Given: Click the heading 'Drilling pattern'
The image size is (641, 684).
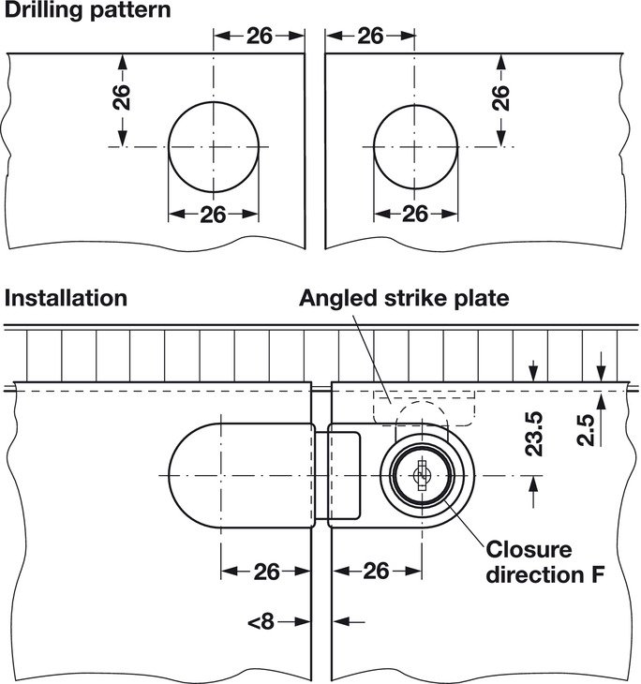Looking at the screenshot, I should tap(88, 11).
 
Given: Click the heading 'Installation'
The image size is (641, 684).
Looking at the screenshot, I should tap(66, 298).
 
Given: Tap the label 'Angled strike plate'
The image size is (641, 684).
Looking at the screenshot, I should tap(404, 298).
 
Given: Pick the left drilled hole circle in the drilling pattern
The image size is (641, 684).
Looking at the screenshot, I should tap(214, 146).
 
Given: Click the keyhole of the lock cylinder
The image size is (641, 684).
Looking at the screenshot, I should tap(420, 476).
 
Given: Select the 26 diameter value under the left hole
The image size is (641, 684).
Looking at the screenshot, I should tap(214, 214).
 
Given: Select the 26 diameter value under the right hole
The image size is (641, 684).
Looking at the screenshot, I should tap(415, 214).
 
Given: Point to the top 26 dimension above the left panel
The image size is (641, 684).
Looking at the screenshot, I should tap(260, 36).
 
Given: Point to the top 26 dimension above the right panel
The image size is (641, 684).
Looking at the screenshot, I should tap(371, 36).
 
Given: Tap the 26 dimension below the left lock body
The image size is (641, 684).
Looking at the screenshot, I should tap(266, 571).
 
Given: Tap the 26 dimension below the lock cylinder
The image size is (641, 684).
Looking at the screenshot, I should tap(376, 571).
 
